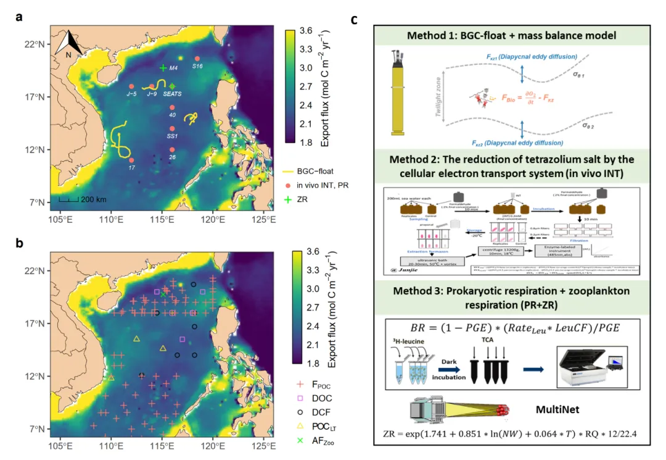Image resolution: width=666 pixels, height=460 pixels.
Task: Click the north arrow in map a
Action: coord(70,44)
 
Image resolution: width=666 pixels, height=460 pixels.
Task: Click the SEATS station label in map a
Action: coord(172,94)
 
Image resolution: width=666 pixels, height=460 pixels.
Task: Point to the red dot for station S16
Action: coord(197,59)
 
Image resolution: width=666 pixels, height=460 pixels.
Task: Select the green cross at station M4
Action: coord(163,68)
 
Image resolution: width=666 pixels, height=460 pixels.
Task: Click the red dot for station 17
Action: coord(131,160)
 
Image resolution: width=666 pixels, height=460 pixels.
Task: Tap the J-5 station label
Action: coord(131,94)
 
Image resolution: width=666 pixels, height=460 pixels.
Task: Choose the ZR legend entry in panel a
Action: coord(318,200)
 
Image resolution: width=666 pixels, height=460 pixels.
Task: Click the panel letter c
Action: coord(355,19)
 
